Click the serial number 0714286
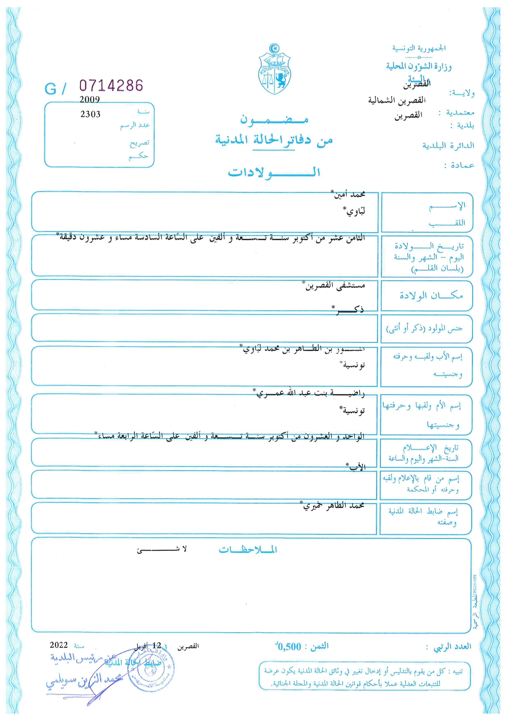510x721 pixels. [x=111, y=86]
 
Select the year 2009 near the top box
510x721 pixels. [x=90, y=99]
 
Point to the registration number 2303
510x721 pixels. [x=90, y=114]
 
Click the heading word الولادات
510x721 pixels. [x=274, y=172]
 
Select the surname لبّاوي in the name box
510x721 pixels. [x=355, y=211]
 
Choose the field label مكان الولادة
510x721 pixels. [x=431, y=296]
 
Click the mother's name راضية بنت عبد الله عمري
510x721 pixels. [x=310, y=393]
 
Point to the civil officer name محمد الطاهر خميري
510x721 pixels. [x=333, y=506]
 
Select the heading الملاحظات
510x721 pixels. [x=248, y=550]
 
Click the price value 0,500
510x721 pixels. [x=289, y=647]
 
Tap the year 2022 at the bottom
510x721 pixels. [x=58, y=645]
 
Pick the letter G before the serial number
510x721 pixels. [x=50, y=89]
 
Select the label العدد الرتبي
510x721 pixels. [x=452, y=647]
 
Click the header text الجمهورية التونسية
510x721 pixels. [x=419, y=49]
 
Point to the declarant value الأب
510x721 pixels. [x=357, y=467]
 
